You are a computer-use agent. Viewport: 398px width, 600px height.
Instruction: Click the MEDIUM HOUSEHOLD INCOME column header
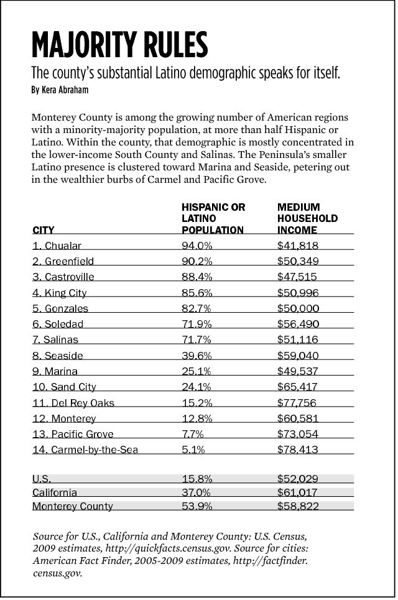pos(307,218)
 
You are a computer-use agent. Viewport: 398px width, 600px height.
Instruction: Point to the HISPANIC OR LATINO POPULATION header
pos(213,218)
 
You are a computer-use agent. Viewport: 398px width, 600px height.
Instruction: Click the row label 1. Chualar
pos(57,246)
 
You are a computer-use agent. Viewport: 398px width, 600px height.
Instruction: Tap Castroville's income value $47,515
pos(298,277)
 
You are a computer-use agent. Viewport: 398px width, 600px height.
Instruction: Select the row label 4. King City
pos(59,293)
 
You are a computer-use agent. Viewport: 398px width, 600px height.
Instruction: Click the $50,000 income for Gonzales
pos(298,308)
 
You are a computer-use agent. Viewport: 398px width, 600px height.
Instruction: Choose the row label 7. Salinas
pos(55,340)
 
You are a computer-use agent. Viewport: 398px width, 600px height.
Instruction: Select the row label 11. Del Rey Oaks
pos(73,403)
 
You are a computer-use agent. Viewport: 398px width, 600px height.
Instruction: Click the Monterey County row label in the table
pos(73,506)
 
